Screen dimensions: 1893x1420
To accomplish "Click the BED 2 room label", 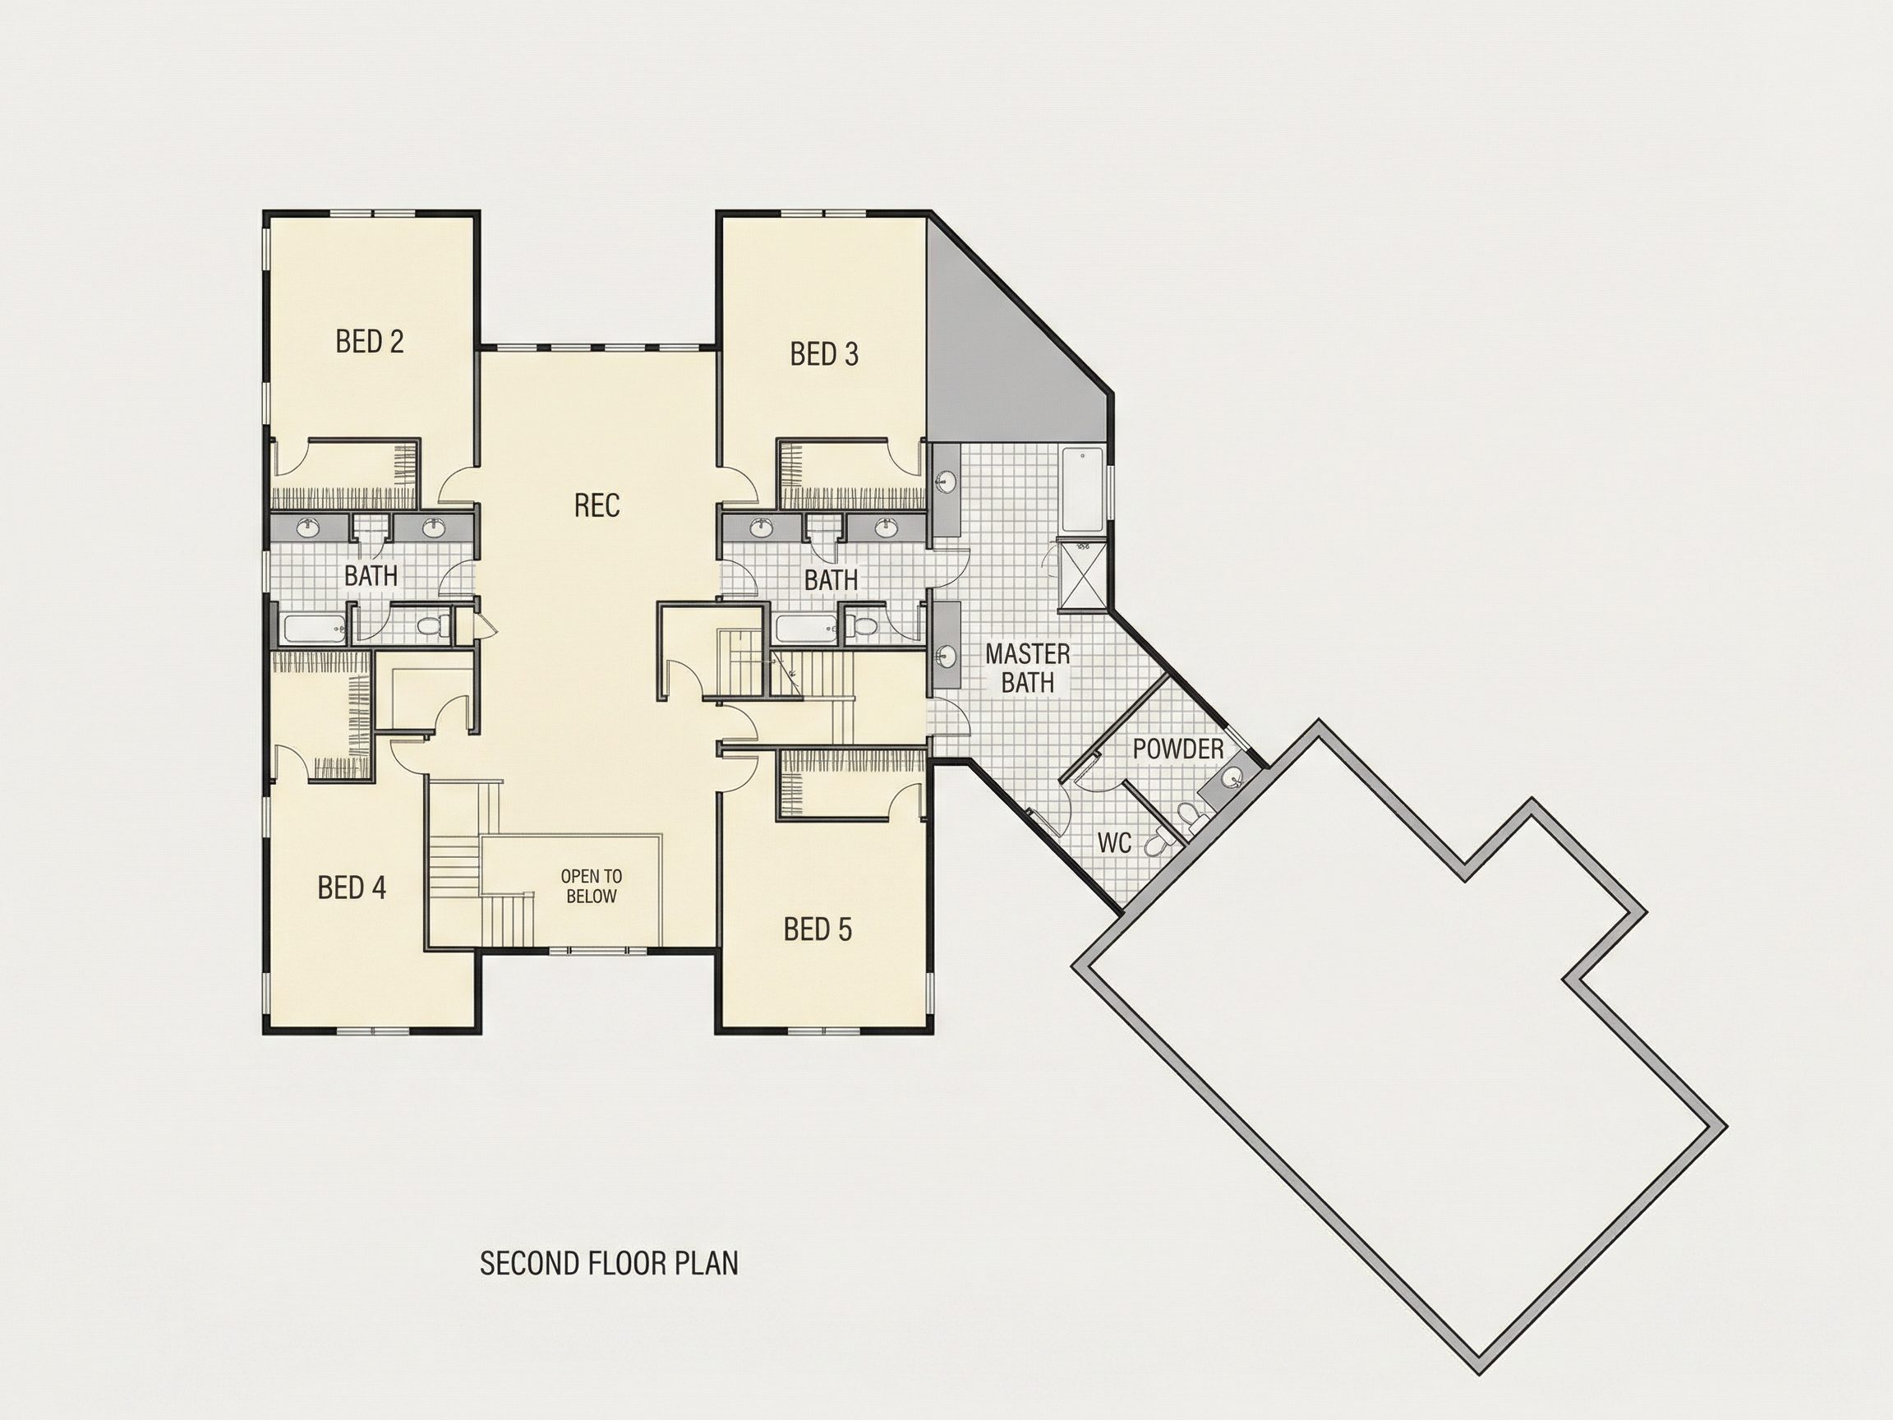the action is [370, 342].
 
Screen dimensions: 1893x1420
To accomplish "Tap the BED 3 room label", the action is [824, 353].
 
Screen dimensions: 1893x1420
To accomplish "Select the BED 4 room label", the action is [352, 887].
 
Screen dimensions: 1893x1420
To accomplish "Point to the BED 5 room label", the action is [818, 929].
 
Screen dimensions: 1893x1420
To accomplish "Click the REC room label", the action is [596, 505].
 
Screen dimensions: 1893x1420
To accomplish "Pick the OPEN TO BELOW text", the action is [592, 886].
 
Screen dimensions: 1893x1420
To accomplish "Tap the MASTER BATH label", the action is [1028, 667].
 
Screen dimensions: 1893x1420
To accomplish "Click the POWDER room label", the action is [1178, 749].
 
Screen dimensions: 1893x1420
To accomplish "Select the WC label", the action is [1115, 843].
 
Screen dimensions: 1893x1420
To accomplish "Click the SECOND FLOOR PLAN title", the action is [609, 1264].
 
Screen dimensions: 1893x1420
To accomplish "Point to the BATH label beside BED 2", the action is [371, 575].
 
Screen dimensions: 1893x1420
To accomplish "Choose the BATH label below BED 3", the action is [831, 579].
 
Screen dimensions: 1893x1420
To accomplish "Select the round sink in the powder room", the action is [1231, 779].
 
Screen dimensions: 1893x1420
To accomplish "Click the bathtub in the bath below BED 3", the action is [807, 630].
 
